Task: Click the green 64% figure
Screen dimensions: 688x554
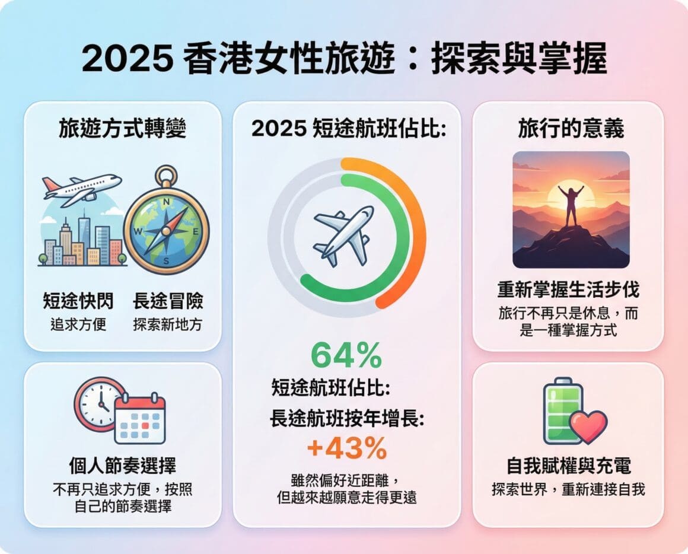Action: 346,356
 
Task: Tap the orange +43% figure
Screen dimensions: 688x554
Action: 346,448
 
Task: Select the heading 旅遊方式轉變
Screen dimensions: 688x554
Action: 122,129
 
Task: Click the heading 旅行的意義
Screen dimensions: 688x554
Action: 571,129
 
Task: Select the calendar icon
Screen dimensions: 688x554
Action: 140,418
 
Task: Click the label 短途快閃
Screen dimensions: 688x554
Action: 78,301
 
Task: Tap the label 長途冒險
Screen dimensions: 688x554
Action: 168,301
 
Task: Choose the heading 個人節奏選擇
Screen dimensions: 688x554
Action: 122,466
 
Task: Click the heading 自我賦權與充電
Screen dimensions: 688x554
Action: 569,466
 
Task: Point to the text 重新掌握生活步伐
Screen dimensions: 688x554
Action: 569,289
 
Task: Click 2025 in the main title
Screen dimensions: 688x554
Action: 128,59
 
